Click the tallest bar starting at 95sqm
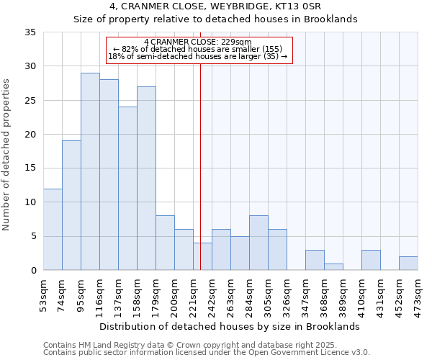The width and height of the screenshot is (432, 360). [90, 171]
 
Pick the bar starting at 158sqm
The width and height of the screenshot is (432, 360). [146, 178]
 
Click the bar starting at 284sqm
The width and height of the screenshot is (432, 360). [258, 243]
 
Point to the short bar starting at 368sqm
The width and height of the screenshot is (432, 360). [333, 266]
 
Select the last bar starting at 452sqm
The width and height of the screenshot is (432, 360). [408, 263]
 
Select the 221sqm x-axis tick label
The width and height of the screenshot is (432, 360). [194, 293]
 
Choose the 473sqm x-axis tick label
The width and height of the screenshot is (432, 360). [418, 293]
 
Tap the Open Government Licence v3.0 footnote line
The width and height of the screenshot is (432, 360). [207, 352]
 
